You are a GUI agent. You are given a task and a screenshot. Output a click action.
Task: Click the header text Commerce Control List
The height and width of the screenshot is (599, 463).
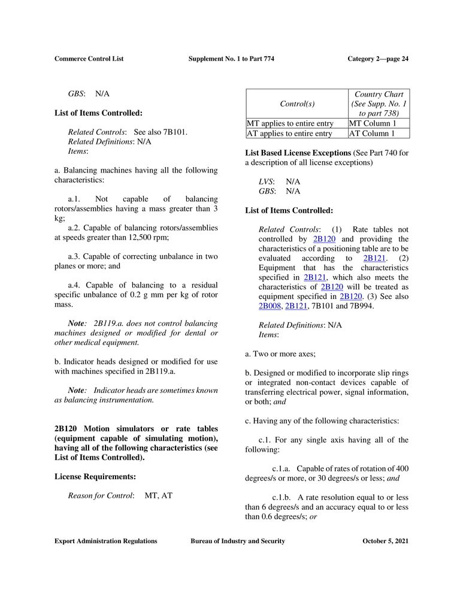[89, 59]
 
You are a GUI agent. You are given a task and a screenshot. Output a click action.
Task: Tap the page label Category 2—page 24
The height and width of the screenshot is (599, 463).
[378, 59]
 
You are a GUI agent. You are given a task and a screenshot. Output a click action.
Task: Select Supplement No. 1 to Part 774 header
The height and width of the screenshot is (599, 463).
[231, 59]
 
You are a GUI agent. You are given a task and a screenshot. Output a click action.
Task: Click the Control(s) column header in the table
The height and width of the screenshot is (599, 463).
[296, 104]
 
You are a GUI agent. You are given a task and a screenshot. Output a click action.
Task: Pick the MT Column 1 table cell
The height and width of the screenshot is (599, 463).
[373, 123]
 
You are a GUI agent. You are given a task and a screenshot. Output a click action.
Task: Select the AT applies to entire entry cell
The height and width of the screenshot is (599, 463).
[290, 134]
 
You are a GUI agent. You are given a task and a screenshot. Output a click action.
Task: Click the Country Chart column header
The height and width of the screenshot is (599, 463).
[379, 94]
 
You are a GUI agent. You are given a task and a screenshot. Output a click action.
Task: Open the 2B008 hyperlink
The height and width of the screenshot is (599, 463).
[270, 306]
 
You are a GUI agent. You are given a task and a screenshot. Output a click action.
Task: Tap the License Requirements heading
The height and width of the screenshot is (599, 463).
[95, 477]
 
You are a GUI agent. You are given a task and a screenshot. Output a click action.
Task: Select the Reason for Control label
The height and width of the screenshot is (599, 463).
[101, 496]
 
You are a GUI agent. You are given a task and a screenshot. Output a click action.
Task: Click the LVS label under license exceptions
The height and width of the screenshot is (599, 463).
[266, 181]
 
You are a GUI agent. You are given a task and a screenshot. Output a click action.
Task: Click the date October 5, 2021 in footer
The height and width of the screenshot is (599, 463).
[385, 541]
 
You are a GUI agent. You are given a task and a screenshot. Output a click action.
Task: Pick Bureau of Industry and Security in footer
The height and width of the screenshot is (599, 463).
[238, 541]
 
